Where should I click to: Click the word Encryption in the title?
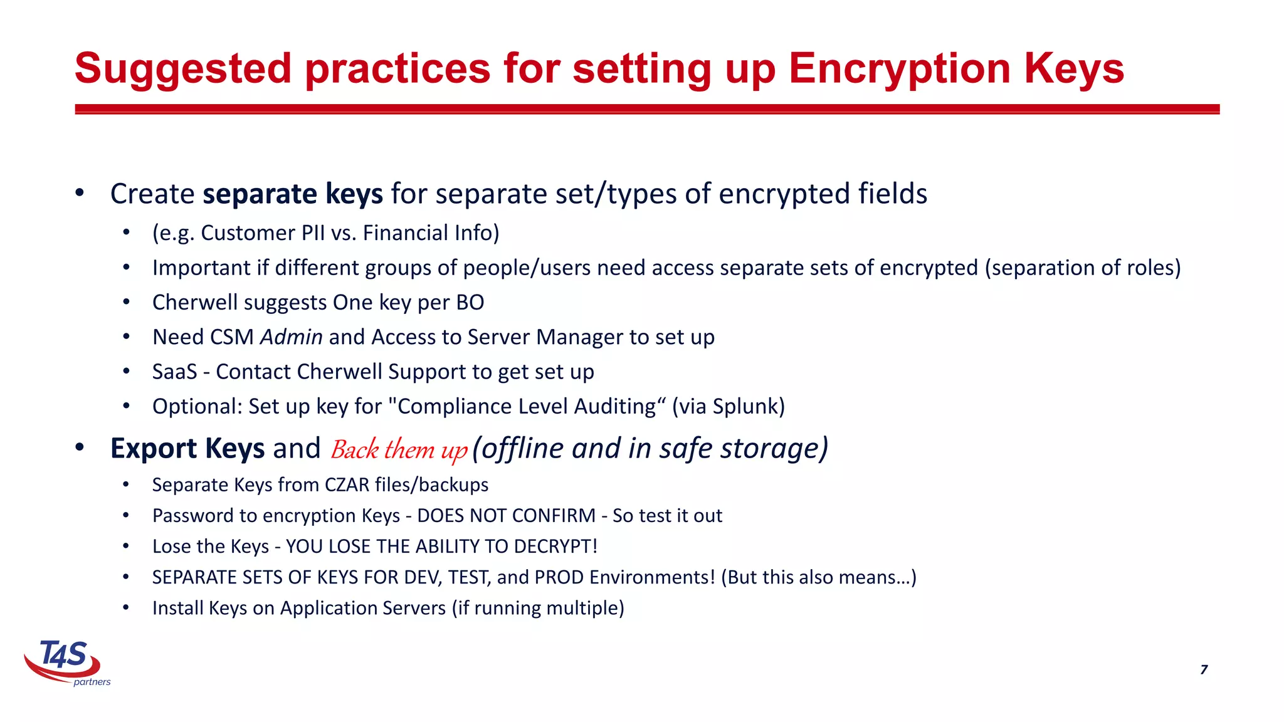[899, 69]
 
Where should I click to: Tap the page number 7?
[1204, 669]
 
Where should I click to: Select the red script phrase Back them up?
[399, 450]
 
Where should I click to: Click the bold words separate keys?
[293, 194]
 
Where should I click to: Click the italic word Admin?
[291, 337]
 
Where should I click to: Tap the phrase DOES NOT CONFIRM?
[506, 515]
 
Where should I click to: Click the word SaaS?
[174, 372]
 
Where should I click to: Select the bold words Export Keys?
[187, 448]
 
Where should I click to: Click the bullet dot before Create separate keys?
[80, 193]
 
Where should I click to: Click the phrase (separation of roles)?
[1083, 268]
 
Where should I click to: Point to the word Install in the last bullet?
[177, 607]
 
